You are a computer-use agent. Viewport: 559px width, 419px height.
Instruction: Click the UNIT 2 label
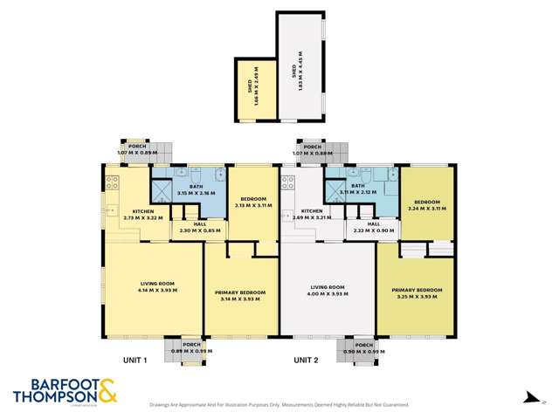[x=307, y=359]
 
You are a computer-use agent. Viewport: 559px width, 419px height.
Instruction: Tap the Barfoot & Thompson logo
[x=66, y=390]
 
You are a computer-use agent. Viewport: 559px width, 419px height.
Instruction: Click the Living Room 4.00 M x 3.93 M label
[x=328, y=291]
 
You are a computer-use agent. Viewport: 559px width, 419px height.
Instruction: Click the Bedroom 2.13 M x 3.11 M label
[x=252, y=203]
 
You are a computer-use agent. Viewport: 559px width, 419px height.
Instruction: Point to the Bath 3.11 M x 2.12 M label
[x=359, y=189]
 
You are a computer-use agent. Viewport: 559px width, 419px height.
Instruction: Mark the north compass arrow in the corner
[x=529, y=398]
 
